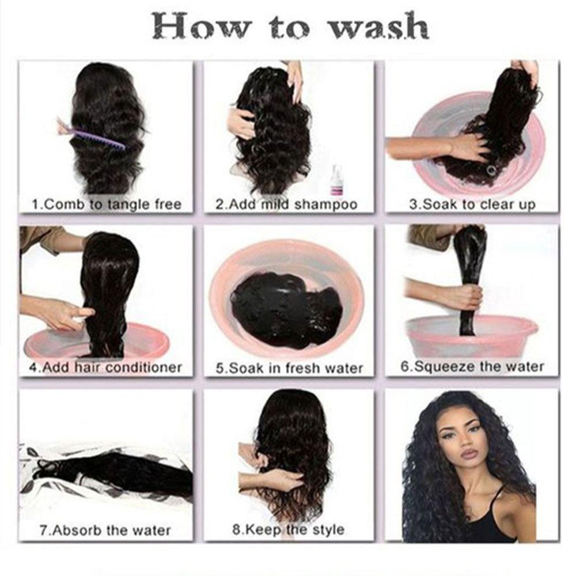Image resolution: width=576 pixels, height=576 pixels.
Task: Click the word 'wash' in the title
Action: (x=379, y=26)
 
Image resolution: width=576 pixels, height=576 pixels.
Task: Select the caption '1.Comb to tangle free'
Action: (x=107, y=204)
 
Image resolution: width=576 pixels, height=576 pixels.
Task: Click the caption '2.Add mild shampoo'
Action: (x=286, y=204)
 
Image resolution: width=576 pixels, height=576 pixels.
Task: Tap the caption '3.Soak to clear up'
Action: (x=472, y=204)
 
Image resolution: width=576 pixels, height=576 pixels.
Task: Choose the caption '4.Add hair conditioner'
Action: (x=106, y=367)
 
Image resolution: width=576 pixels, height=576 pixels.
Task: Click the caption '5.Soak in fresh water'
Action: (x=289, y=368)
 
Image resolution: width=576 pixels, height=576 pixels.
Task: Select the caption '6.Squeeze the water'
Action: (x=472, y=367)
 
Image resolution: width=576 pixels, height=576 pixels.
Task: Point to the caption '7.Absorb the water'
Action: (x=105, y=530)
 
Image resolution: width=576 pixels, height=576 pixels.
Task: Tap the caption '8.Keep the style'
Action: (x=289, y=530)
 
